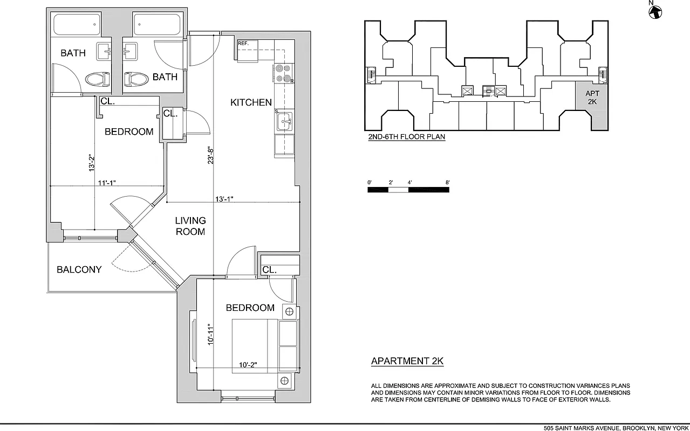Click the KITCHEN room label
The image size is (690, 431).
click(251, 102)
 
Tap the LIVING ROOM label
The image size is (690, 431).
click(190, 226)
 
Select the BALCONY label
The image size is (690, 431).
click(79, 269)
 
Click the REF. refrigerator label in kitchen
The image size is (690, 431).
click(243, 43)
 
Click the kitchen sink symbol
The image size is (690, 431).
click(284, 122)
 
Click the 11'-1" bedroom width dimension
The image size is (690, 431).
click(107, 183)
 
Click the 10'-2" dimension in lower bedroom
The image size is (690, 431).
click(248, 365)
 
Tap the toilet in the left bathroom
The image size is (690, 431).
click(98, 80)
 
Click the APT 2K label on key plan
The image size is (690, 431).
click(592, 98)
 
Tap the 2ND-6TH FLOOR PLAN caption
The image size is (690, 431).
click(406, 137)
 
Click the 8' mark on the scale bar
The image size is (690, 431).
click(447, 183)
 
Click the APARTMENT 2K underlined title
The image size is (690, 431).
click(407, 362)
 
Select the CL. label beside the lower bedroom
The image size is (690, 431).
click(269, 270)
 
